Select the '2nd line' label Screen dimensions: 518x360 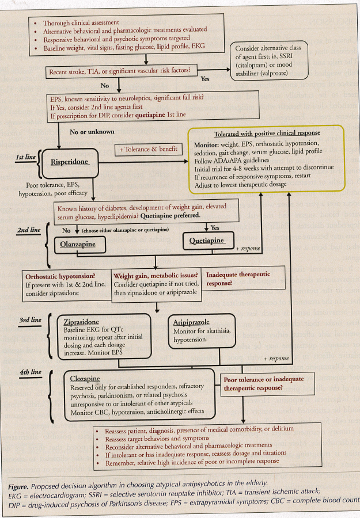pos(28,230)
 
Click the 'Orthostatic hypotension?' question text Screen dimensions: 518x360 pos(60,276)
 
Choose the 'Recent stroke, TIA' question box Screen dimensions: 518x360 pos(124,73)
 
